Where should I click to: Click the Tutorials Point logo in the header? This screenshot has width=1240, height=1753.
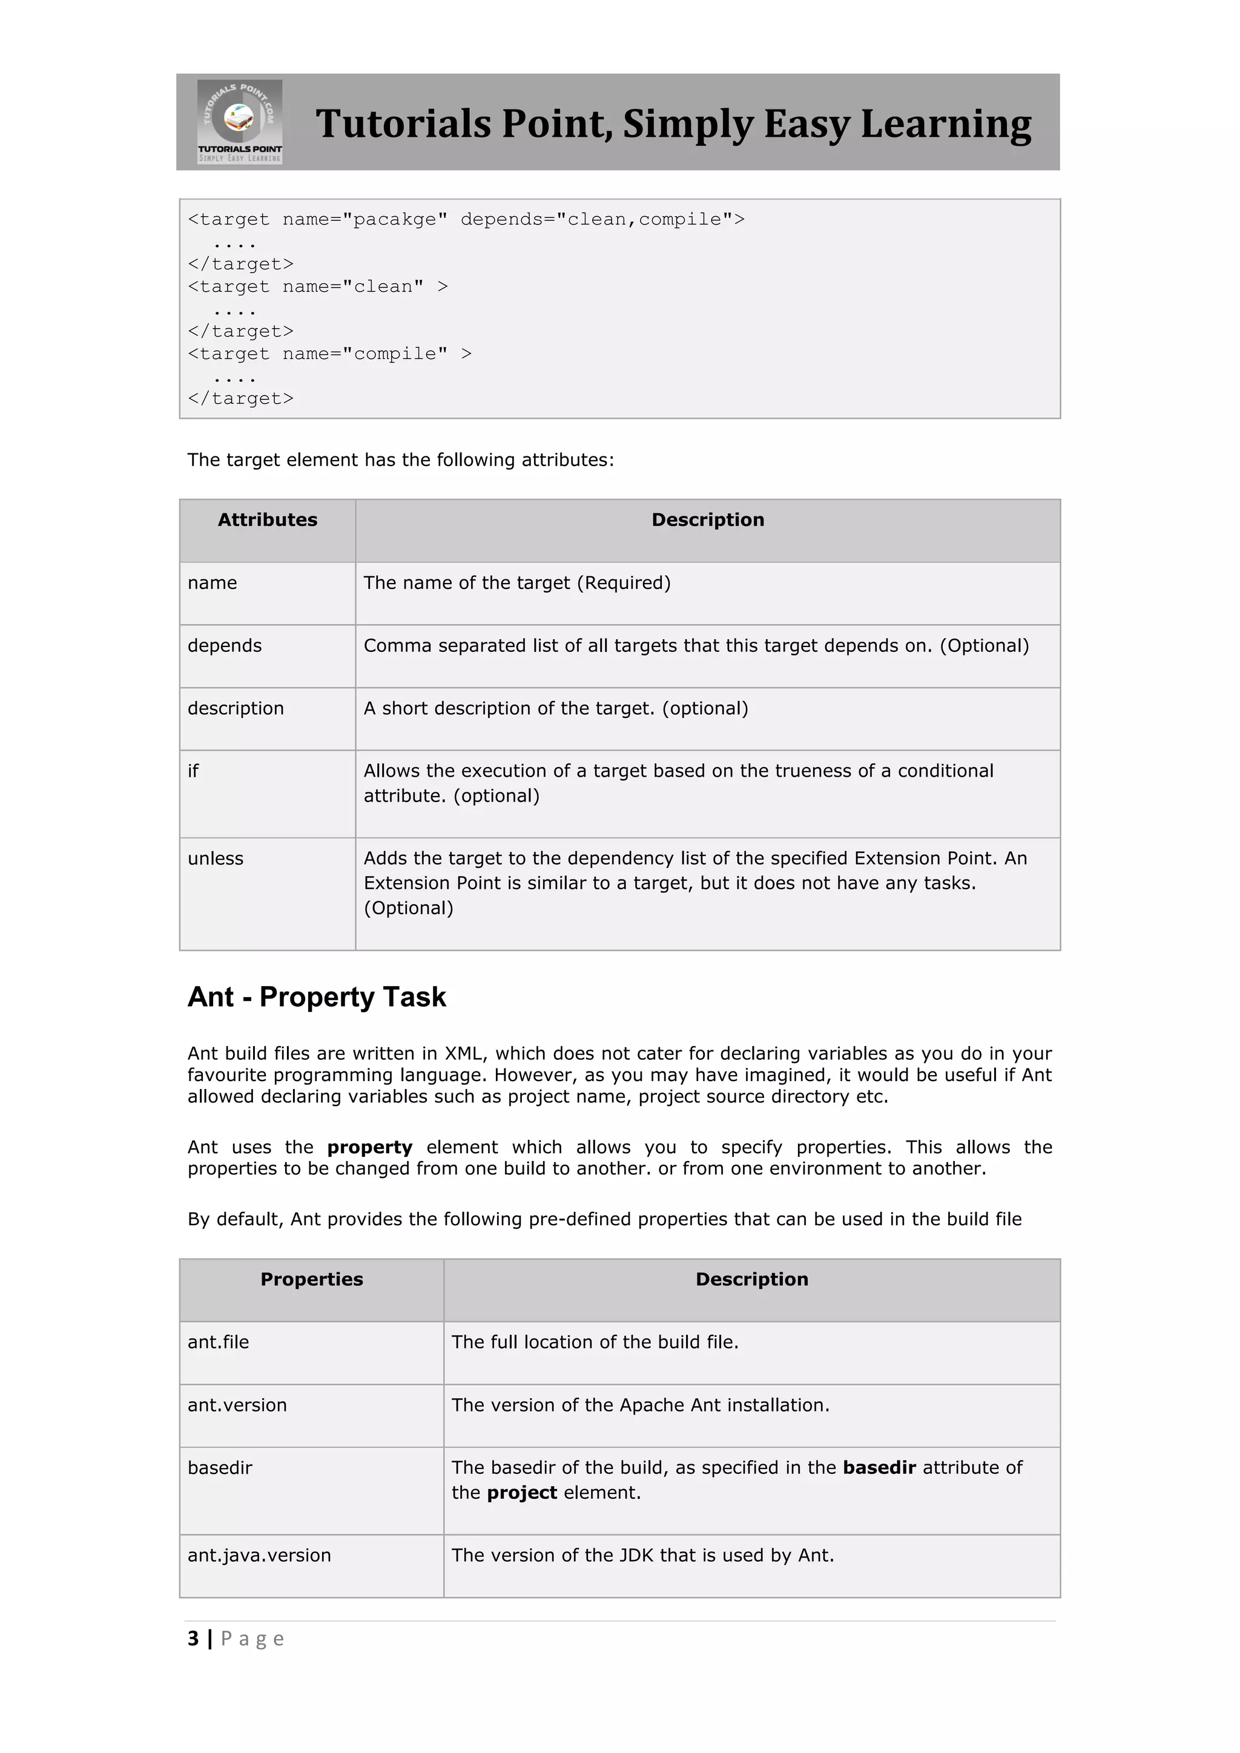(x=240, y=122)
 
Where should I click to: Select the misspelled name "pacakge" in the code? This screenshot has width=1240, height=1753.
(x=395, y=220)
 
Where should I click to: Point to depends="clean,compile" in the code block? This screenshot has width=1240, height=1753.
(x=602, y=220)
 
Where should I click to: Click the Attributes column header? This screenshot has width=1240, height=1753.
(x=267, y=520)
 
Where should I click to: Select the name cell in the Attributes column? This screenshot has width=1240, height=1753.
(x=213, y=584)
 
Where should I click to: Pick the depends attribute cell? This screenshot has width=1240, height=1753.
(x=225, y=646)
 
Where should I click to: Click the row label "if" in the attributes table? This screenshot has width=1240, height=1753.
(x=193, y=771)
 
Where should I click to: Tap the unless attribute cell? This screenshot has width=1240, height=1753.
(x=216, y=859)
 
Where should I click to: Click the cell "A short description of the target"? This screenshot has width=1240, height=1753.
(x=555, y=709)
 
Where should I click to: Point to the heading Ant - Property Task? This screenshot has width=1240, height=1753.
(x=316, y=997)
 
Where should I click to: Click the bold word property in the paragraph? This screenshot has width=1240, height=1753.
(x=369, y=1148)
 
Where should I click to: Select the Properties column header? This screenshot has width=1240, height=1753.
(x=312, y=1280)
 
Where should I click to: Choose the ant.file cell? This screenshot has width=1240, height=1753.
(x=219, y=1342)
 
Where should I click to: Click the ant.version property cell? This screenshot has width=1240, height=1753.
(x=237, y=1405)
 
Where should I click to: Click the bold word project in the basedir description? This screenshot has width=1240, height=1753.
(x=523, y=1493)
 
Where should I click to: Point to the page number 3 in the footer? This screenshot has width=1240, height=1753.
(x=193, y=1639)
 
